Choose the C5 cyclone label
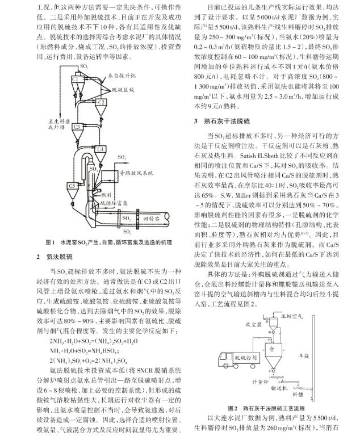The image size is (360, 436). coord(72,185)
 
